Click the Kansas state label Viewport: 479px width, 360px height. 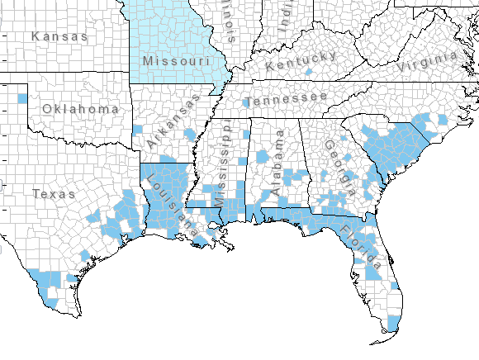(x=59, y=36)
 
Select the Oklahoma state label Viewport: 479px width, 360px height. (x=80, y=109)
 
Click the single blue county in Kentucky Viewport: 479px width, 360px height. (x=308, y=73)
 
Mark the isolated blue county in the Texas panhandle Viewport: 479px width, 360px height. (x=21, y=99)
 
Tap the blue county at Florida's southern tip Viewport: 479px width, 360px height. (x=392, y=321)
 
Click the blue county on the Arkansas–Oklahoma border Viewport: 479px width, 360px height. (x=137, y=130)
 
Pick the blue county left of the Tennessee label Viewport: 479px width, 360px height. (x=246, y=104)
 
